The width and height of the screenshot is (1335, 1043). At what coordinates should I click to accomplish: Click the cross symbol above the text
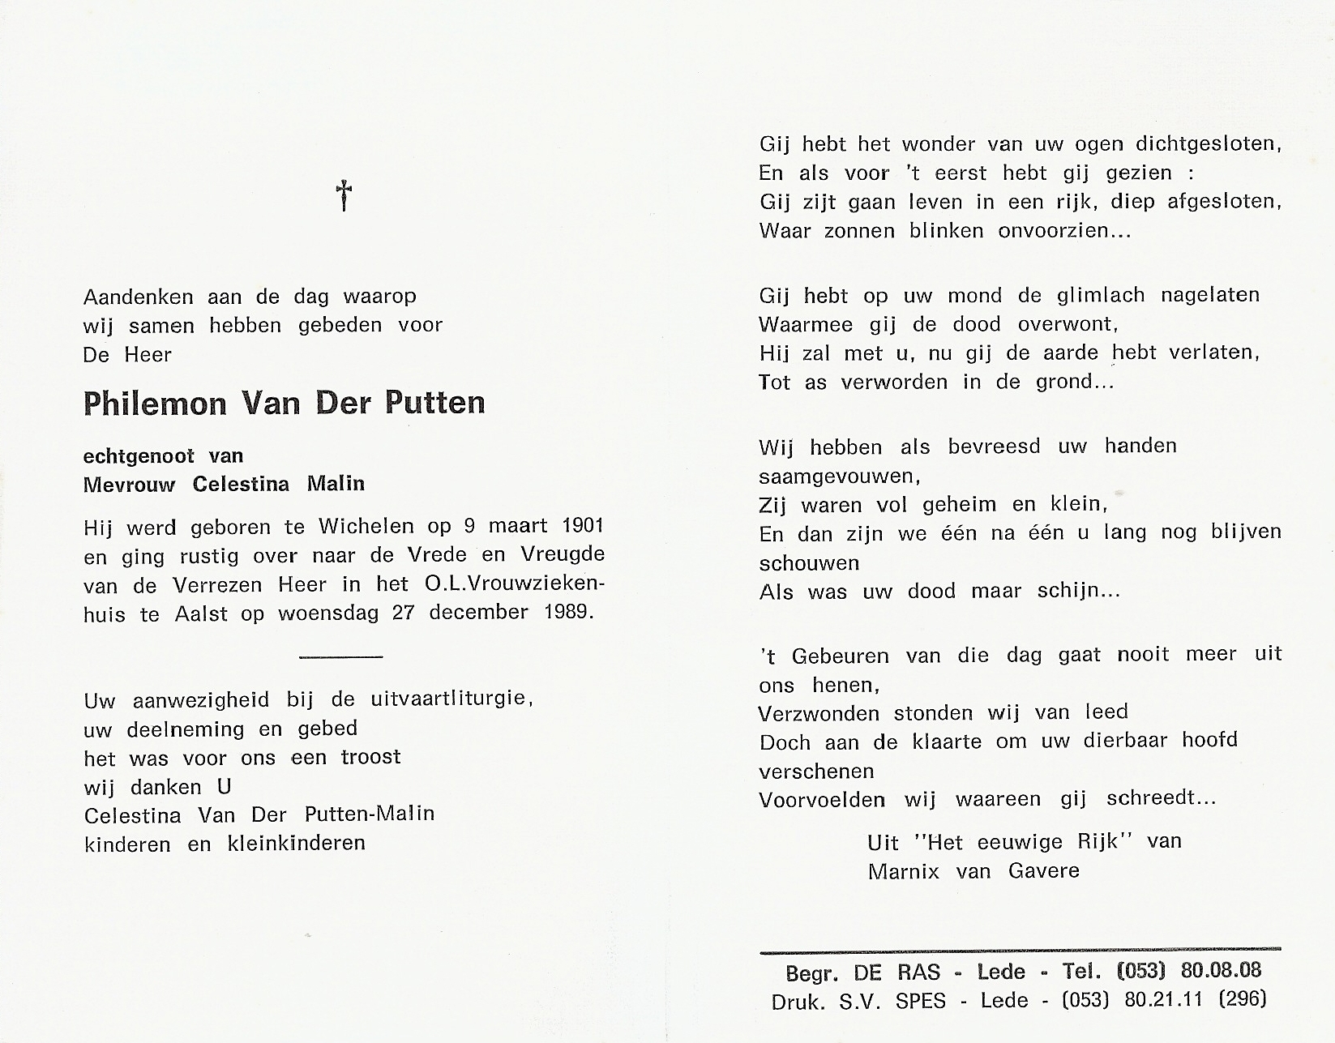(x=344, y=195)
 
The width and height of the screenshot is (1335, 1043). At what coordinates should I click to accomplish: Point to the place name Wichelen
(x=366, y=526)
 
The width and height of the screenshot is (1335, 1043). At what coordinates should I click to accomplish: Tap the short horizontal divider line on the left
(x=340, y=656)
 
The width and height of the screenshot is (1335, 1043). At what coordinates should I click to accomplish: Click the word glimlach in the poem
(x=1100, y=296)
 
